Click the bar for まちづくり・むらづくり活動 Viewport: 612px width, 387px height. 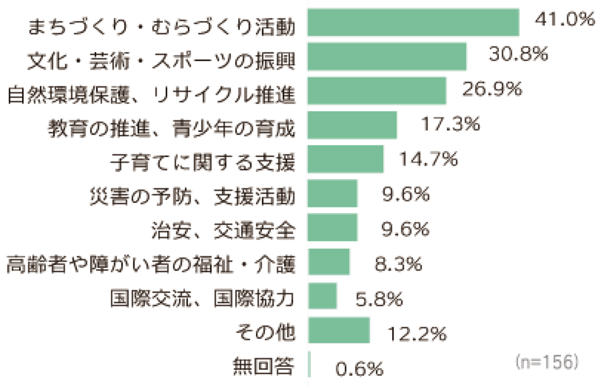pos(414,23)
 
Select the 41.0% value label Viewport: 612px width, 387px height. pos(564,20)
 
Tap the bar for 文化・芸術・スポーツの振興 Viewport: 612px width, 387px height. pos(387,57)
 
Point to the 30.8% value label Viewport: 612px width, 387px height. pos(518,54)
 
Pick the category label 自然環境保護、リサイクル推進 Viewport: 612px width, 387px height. pos(152,94)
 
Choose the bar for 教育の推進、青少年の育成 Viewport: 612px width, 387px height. pos(353,125)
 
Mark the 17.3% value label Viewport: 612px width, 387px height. pos(450,124)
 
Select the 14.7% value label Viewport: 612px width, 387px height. pos(428,159)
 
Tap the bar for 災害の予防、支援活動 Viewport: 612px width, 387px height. pos(333,194)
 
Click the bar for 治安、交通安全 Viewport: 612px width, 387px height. pos(333,228)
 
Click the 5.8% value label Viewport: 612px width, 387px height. pos(379,299)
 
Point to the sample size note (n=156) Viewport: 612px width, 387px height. pos(547,361)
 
